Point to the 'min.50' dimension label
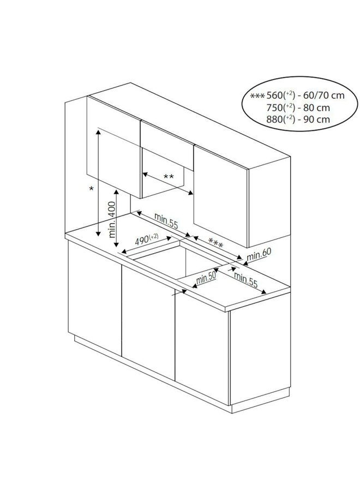(207, 279)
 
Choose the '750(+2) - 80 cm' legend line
(298, 107)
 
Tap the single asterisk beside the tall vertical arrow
(92, 189)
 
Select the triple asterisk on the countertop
(216, 244)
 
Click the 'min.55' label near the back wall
(166, 218)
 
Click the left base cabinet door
(94, 300)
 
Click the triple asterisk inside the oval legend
(257, 96)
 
